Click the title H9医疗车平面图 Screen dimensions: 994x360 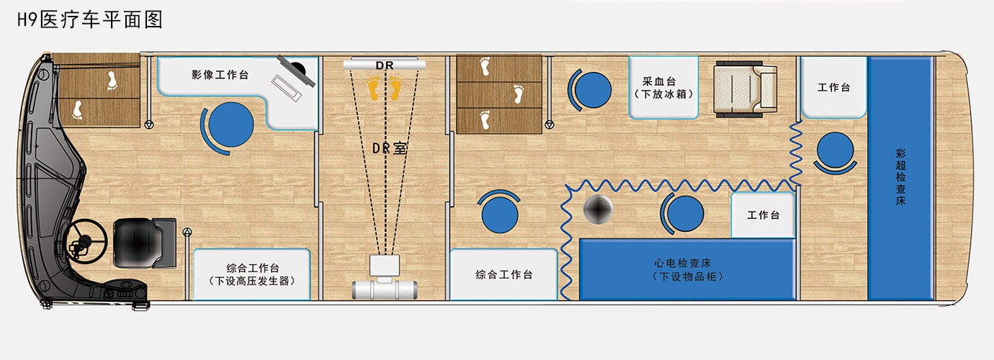pos(89,20)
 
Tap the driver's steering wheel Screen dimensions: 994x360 pos(85,242)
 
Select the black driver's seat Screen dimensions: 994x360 pos(145,243)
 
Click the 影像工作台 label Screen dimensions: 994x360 pos(220,74)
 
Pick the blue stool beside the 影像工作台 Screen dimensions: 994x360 pos(229,125)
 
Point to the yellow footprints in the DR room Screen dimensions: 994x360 pos(385,88)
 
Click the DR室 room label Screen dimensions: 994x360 pos(389,148)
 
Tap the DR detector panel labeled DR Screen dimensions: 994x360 pos(385,65)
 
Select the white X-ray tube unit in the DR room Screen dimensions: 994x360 pos(385,279)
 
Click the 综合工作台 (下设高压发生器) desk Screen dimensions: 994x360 pos(251,274)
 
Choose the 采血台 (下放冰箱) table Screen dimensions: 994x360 pos(663,87)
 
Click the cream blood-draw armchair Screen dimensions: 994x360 pos(745,89)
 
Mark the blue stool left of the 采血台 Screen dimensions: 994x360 pos(590,90)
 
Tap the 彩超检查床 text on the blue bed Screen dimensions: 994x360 pos(900,177)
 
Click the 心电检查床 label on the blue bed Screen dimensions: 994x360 pos(683,263)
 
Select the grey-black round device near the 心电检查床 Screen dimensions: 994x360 pos(598,208)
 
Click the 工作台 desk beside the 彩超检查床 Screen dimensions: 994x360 pos(834,87)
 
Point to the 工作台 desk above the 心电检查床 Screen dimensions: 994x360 pos(763,215)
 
